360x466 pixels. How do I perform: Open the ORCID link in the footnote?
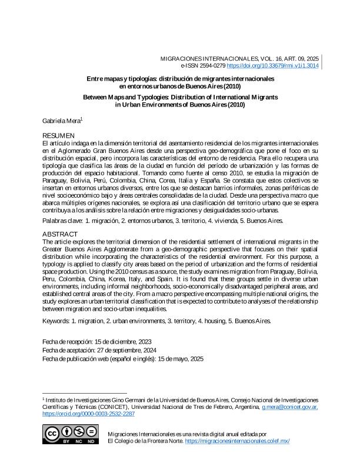[x=89, y=414]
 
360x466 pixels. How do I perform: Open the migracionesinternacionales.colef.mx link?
[x=237, y=441]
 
